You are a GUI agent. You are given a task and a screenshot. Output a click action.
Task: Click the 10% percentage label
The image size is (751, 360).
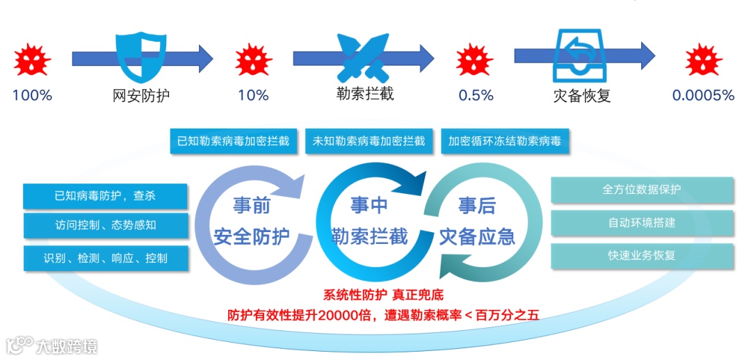(253, 95)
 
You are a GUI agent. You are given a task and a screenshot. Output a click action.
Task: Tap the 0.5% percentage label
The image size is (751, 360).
(476, 95)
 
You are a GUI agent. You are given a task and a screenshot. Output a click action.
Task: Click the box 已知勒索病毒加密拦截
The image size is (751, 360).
(236, 141)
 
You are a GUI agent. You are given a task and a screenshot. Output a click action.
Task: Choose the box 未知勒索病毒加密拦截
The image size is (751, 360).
(369, 141)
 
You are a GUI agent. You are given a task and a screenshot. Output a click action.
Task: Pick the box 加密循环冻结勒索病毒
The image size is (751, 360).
(504, 141)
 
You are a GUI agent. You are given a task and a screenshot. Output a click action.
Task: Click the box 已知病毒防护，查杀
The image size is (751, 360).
(106, 196)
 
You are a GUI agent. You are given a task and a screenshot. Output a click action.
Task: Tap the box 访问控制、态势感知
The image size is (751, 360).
(106, 226)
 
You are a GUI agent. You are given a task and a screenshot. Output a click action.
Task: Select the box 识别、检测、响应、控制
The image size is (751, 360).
(106, 258)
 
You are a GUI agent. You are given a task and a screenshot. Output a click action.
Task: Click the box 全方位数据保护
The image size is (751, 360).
(642, 190)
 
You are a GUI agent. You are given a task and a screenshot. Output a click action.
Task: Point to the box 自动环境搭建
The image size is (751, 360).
(642, 223)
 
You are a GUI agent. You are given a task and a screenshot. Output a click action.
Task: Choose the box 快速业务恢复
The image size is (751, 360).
(642, 256)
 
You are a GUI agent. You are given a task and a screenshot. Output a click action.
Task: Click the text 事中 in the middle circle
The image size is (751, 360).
(369, 206)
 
